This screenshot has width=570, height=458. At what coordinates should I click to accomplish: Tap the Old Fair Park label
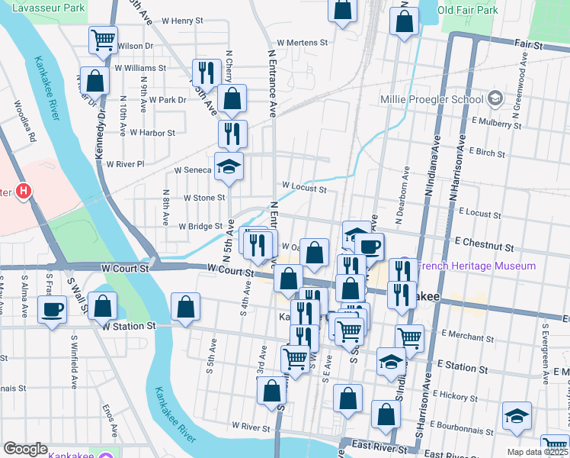coord(468,10)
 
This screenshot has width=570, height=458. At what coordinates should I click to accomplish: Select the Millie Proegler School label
coord(431,99)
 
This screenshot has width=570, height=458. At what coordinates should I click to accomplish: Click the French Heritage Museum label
coord(476,266)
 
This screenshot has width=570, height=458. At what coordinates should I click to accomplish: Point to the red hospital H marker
coord(24,191)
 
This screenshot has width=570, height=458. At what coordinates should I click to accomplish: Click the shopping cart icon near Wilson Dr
coord(102,39)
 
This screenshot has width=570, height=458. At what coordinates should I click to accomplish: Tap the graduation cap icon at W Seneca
coord(227,166)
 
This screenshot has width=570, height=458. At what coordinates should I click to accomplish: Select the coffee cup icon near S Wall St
coord(52,309)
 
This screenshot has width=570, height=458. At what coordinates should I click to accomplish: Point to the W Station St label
coord(130,326)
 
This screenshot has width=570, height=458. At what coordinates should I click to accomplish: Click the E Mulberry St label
coord(496,121)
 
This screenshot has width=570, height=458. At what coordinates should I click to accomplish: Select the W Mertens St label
coord(302,44)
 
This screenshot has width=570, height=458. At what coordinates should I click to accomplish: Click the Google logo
coord(25,448)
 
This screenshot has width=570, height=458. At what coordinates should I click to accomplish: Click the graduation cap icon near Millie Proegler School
coord(495,98)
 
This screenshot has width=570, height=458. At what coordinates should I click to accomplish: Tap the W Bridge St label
coord(200,226)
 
